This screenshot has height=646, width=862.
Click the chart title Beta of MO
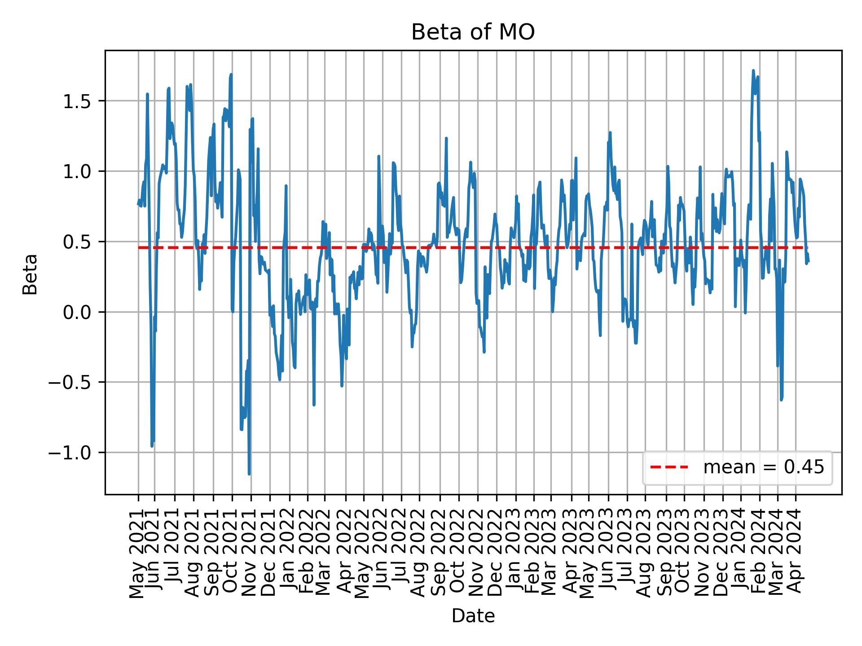coord(473,32)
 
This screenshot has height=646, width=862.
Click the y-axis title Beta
coord(30,274)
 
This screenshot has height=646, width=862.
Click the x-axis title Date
coord(473,616)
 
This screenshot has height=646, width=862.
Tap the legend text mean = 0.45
coord(763,467)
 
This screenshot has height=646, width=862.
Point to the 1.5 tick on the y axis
coord(77,101)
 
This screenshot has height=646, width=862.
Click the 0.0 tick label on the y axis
coord(77,312)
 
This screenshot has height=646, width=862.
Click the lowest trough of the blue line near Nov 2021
coord(249,474)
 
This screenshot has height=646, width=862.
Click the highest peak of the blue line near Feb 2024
coord(753,71)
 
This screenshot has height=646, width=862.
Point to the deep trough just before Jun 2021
coord(152,445)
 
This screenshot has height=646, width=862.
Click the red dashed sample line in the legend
coord(669,467)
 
